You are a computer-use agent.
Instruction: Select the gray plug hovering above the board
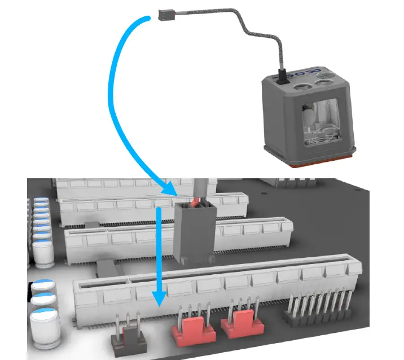(193, 231)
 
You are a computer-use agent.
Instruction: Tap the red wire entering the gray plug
(195, 201)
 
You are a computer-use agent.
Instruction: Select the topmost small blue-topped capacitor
(41, 201)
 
